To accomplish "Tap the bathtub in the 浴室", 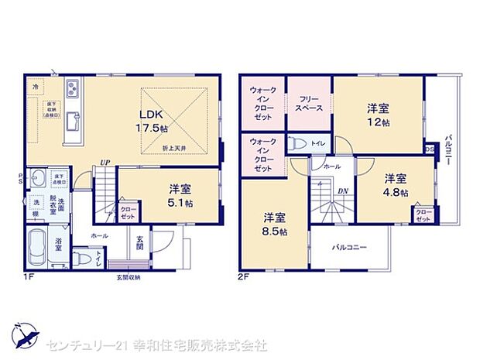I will point(39,249).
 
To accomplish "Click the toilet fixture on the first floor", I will point(87,257).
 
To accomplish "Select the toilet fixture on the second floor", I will point(297,142).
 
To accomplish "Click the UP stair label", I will point(103,162).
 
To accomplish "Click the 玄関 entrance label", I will point(139,243).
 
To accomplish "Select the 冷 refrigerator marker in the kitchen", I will point(36,87).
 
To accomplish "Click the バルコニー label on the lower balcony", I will point(349,248).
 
